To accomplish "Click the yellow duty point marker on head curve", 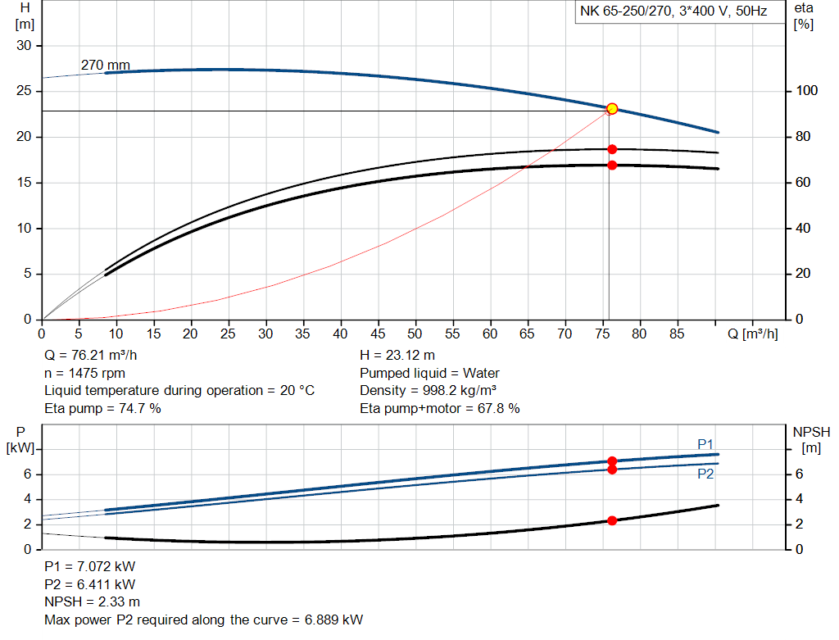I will tap(611, 109).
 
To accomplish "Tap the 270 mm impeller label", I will tap(105, 64).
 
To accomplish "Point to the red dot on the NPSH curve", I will tap(611, 521).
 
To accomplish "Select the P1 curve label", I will tap(705, 444).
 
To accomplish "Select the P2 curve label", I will tap(705, 474).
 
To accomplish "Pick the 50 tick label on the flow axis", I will tap(415, 334).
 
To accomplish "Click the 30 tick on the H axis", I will tap(24, 46).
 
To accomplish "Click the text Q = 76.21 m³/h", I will tap(92, 356).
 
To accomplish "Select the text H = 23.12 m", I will tap(397, 356).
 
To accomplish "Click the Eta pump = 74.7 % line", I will tap(102, 407).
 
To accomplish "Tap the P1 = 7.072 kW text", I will tap(89, 567).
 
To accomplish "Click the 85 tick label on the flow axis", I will tap(676, 334).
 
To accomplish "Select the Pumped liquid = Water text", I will tap(429, 373).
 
